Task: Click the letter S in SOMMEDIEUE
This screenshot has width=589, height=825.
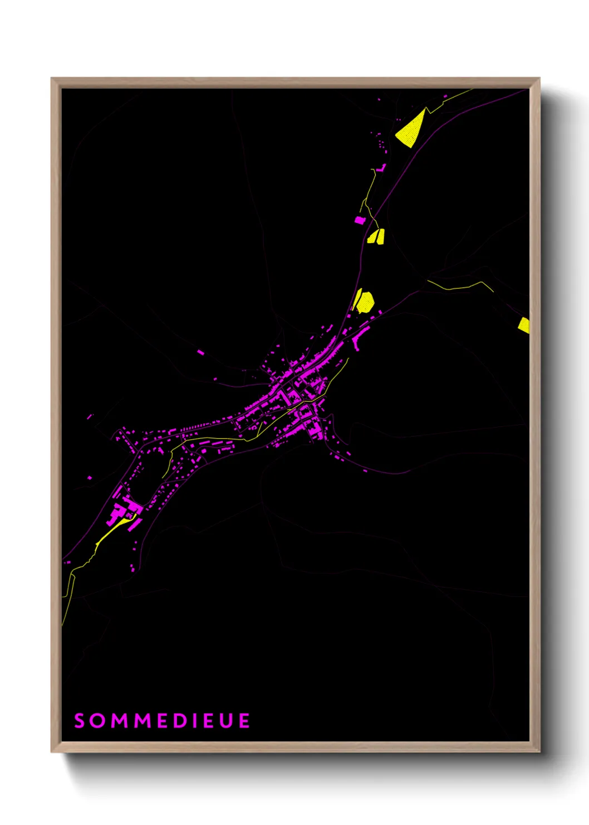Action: point(80,721)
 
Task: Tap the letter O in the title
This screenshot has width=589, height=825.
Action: point(98,721)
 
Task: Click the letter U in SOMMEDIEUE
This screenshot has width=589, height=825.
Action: point(226,721)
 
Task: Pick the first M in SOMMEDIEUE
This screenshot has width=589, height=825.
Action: point(119,721)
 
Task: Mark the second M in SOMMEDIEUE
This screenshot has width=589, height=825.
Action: point(144,721)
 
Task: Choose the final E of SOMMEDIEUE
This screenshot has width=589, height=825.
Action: point(244,721)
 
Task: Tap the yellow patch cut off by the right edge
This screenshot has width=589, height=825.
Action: point(524,325)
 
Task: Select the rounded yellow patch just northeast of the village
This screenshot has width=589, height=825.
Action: point(365,302)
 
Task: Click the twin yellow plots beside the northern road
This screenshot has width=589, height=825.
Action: point(376,236)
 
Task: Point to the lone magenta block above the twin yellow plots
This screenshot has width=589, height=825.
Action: point(360,220)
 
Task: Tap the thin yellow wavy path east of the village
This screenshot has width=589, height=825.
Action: point(460,287)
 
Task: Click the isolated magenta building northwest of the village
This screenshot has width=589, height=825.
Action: point(200,352)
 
